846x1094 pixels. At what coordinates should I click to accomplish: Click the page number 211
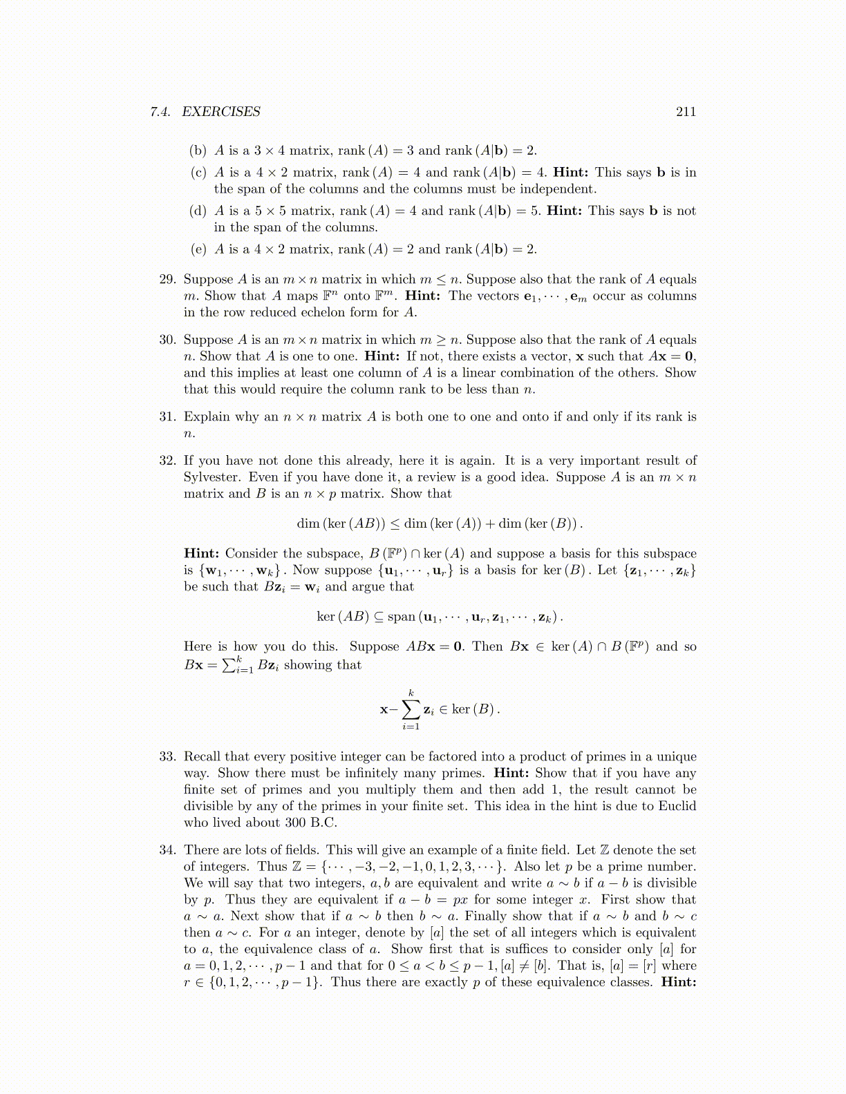point(686,112)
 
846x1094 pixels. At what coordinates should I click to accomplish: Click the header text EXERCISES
point(221,112)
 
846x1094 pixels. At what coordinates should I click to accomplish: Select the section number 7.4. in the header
point(160,112)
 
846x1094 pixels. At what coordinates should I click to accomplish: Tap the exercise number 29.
point(167,280)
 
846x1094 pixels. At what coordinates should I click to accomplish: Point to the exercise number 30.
point(167,340)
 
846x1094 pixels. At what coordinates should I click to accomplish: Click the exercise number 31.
point(167,417)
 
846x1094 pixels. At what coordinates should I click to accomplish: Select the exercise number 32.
point(167,461)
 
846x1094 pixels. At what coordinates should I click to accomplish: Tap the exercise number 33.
point(167,757)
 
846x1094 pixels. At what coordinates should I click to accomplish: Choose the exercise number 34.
point(167,850)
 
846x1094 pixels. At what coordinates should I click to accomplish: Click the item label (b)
point(198,151)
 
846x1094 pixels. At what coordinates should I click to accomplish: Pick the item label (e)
point(198,249)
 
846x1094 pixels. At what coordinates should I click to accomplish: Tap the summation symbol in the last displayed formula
point(411,709)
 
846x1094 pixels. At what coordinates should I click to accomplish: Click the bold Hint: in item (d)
point(565,211)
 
